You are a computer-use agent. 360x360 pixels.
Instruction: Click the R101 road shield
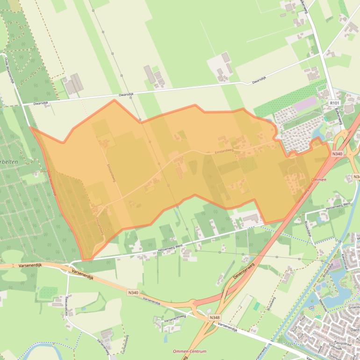tap(334, 102)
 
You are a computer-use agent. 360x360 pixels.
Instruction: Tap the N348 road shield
tap(214, 317)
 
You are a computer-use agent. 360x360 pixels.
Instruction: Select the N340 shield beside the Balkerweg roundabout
tap(337, 153)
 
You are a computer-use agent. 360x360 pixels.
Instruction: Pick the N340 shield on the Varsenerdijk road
tap(133, 293)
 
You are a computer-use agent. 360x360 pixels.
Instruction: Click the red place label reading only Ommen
tap(318, 180)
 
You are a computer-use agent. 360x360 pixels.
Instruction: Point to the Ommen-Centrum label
tap(189, 351)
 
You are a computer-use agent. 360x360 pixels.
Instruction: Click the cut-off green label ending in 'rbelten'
tap(9, 161)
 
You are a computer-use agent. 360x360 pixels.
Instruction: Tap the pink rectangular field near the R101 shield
tap(304, 103)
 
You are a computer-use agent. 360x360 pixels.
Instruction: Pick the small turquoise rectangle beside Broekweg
tap(256, 306)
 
